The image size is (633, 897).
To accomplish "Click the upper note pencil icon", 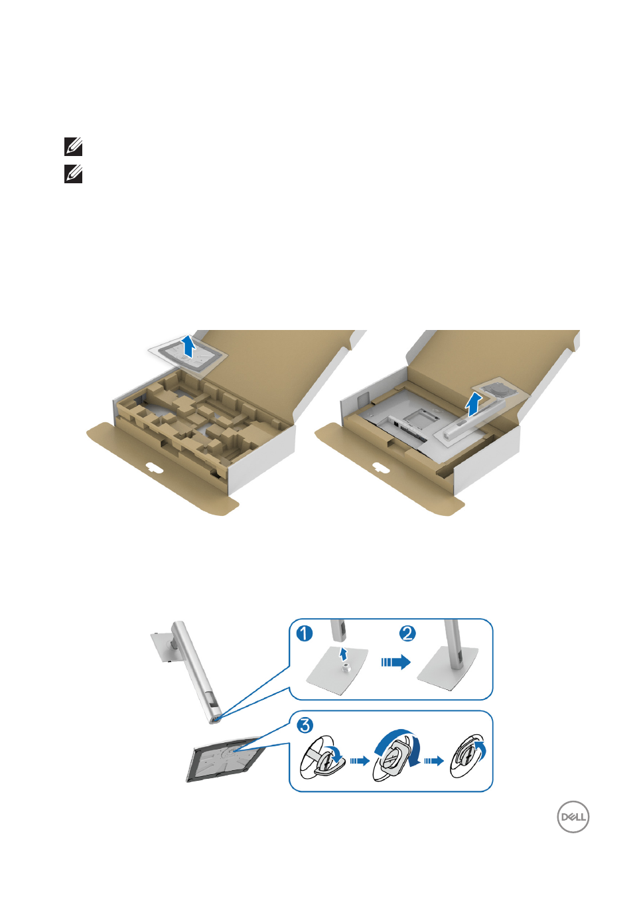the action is (x=73, y=147).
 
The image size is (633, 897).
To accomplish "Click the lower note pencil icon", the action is (x=73, y=174).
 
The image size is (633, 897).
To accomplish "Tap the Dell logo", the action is (x=573, y=817).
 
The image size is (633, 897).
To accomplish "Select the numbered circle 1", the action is (x=305, y=633).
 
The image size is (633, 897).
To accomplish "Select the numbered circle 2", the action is (x=407, y=633).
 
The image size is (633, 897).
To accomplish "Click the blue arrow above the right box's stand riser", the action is (x=474, y=404).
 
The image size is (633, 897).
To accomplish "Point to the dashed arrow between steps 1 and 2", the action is (x=395, y=662).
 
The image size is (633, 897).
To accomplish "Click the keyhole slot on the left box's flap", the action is (x=154, y=467).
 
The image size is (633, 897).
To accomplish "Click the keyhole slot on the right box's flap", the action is (x=380, y=467).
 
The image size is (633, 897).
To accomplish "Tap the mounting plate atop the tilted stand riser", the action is (x=165, y=652).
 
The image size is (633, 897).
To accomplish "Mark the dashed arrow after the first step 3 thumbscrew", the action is (x=360, y=760).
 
